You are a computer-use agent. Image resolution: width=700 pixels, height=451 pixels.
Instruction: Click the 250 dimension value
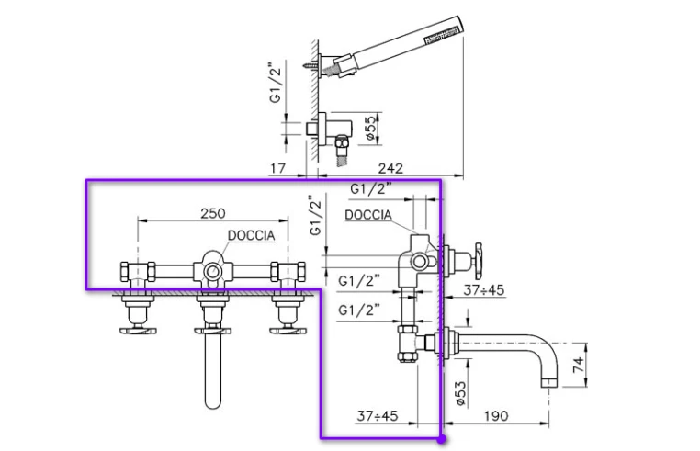213,213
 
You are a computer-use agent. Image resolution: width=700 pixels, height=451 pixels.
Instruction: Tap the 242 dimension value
390,168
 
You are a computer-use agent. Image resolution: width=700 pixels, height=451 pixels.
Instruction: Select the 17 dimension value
277,168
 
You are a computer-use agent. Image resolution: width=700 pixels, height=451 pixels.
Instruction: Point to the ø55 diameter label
371,129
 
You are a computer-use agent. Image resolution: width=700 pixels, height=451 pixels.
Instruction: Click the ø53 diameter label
461,393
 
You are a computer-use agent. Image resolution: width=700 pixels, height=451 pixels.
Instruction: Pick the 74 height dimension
578,365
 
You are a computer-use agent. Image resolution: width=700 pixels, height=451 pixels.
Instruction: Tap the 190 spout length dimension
496,416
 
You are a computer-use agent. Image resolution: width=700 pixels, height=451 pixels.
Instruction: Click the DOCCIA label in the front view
252,235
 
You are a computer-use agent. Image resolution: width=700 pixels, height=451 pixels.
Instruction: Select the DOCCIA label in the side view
368,215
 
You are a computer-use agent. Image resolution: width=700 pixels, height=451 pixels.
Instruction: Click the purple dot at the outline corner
442,439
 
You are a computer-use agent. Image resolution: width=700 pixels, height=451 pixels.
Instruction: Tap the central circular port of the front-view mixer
212,271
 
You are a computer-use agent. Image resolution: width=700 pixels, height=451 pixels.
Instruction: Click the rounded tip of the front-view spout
212,403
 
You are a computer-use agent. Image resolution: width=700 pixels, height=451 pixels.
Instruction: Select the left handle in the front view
138,331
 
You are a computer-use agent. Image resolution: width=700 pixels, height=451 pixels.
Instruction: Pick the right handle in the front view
288,331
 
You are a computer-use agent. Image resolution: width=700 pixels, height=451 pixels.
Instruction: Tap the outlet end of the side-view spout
548,383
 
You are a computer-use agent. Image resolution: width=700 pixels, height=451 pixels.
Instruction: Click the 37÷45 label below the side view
378,416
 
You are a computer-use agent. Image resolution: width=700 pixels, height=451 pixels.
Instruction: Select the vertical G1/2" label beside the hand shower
276,84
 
